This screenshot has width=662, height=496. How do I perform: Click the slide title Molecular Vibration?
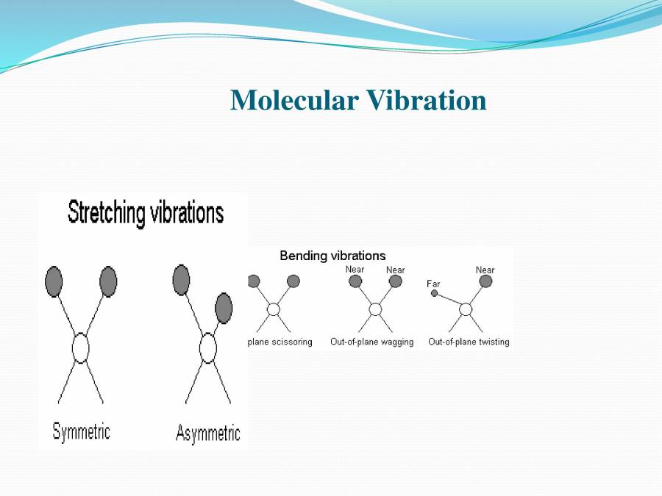[358, 100]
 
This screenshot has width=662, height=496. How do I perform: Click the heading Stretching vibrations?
[145, 213]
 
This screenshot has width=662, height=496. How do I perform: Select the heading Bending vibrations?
[332, 256]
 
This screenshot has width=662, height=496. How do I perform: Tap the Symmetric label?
[81, 431]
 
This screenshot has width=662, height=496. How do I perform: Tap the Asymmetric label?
[207, 433]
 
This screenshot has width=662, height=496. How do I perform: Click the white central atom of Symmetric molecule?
[80, 348]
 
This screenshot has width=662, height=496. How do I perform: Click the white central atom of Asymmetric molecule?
[208, 348]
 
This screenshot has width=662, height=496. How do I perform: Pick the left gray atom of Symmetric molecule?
[54, 281]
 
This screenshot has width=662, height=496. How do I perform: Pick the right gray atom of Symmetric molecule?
[108, 281]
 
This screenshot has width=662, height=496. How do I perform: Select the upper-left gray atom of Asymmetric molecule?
[181, 279]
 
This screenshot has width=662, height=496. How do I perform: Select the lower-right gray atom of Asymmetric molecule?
[224, 308]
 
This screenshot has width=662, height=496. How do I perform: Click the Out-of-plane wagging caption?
[371, 342]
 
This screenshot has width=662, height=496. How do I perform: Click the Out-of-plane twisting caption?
[469, 342]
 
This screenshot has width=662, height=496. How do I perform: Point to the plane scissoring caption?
[280, 342]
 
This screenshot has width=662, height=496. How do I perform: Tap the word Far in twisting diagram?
[433, 284]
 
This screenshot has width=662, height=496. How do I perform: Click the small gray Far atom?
[434, 293]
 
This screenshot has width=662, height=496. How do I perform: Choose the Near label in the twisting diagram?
[485, 270]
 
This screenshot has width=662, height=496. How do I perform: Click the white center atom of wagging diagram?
[375, 309]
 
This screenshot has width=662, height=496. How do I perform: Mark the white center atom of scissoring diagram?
[273, 309]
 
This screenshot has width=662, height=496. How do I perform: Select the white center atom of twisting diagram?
[466, 309]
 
